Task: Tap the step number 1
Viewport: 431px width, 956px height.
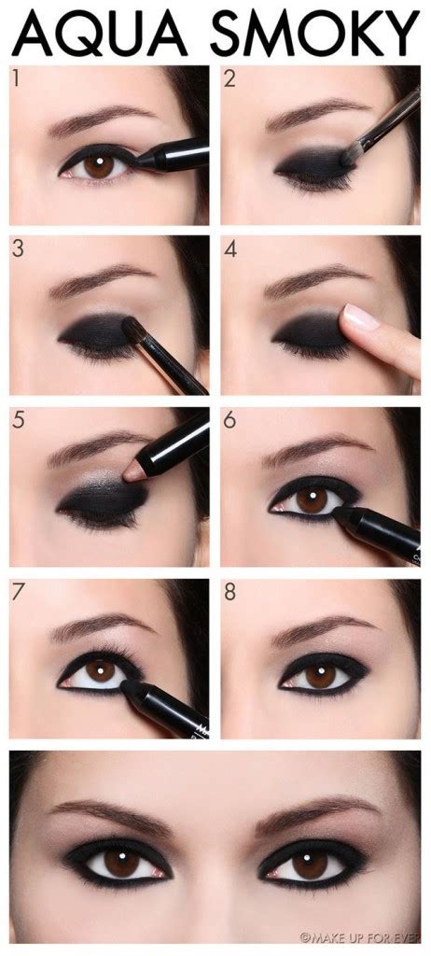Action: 16,80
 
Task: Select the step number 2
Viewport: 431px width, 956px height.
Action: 229,81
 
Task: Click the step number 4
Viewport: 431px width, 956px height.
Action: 230,250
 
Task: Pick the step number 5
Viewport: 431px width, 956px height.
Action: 17,421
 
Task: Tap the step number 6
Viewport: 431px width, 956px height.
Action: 230,421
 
